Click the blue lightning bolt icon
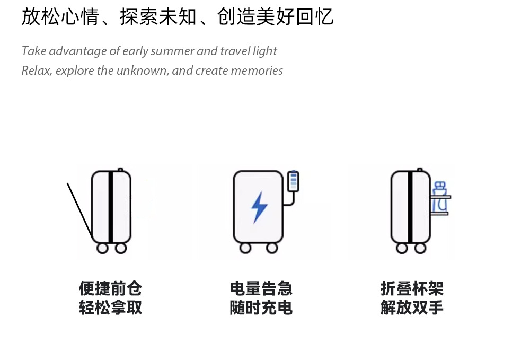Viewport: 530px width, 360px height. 259,207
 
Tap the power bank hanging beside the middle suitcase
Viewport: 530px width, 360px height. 293,181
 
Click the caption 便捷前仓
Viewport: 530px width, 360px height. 111,288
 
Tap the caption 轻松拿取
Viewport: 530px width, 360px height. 111,308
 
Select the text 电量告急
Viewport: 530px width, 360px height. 261,288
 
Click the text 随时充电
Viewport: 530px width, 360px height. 261,308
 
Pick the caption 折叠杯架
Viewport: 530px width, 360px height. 412,288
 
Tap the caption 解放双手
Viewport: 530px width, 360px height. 412,308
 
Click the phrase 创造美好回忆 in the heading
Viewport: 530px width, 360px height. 276,16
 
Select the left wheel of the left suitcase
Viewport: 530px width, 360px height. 102,248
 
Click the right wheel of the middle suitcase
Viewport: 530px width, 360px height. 272,248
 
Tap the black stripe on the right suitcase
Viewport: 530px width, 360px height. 410,207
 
